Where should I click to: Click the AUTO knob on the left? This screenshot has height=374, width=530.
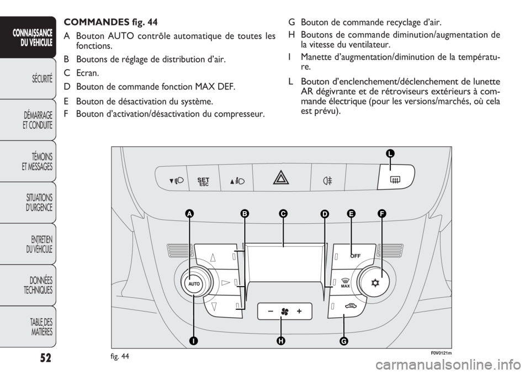point(194,284)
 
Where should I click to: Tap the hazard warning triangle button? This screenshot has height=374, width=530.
point(281,178)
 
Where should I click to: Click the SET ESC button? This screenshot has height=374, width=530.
point(204,182)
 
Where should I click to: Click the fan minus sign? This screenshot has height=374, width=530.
point(271,312)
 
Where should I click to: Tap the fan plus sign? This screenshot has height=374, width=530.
point(299,312)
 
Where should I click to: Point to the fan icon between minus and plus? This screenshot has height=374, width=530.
point(285,312)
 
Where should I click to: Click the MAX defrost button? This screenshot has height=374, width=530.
point(344,282)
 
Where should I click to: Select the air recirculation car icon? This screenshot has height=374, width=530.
point(351,307)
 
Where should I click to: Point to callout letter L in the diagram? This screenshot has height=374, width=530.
point(390,154)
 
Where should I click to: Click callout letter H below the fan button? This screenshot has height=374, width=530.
point(280,341)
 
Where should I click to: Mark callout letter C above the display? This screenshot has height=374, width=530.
point(283,214)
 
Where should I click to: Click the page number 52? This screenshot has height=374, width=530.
point(45,357)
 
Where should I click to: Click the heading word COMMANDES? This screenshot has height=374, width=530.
point(96,22)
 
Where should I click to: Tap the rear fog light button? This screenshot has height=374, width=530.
point(327,181)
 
